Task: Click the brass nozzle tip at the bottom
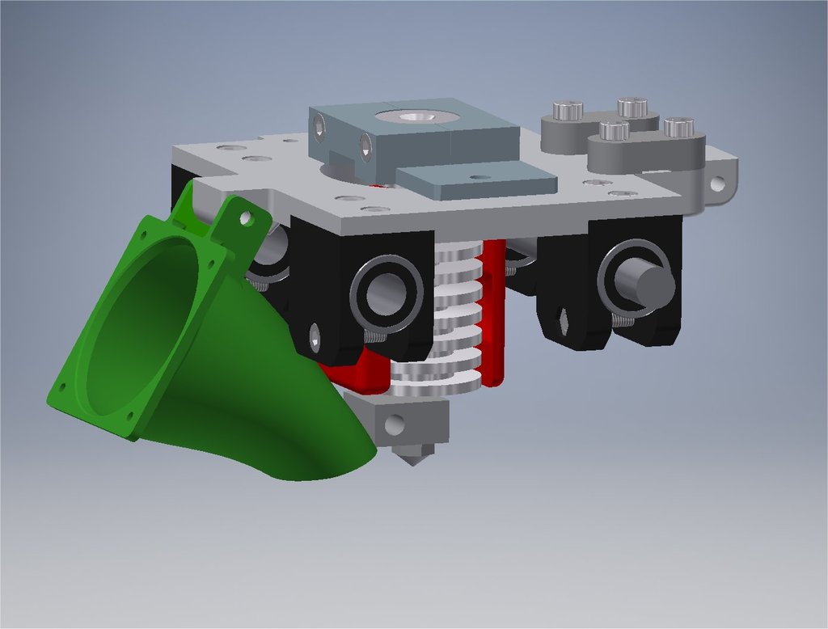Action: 412,458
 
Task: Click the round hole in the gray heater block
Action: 395,422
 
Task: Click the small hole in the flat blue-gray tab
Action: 482,175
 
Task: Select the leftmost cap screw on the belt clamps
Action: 568,109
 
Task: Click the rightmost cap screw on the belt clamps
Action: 679,127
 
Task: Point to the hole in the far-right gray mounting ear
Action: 717,184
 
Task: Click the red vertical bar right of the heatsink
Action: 492,315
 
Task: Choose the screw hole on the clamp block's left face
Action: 320,126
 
